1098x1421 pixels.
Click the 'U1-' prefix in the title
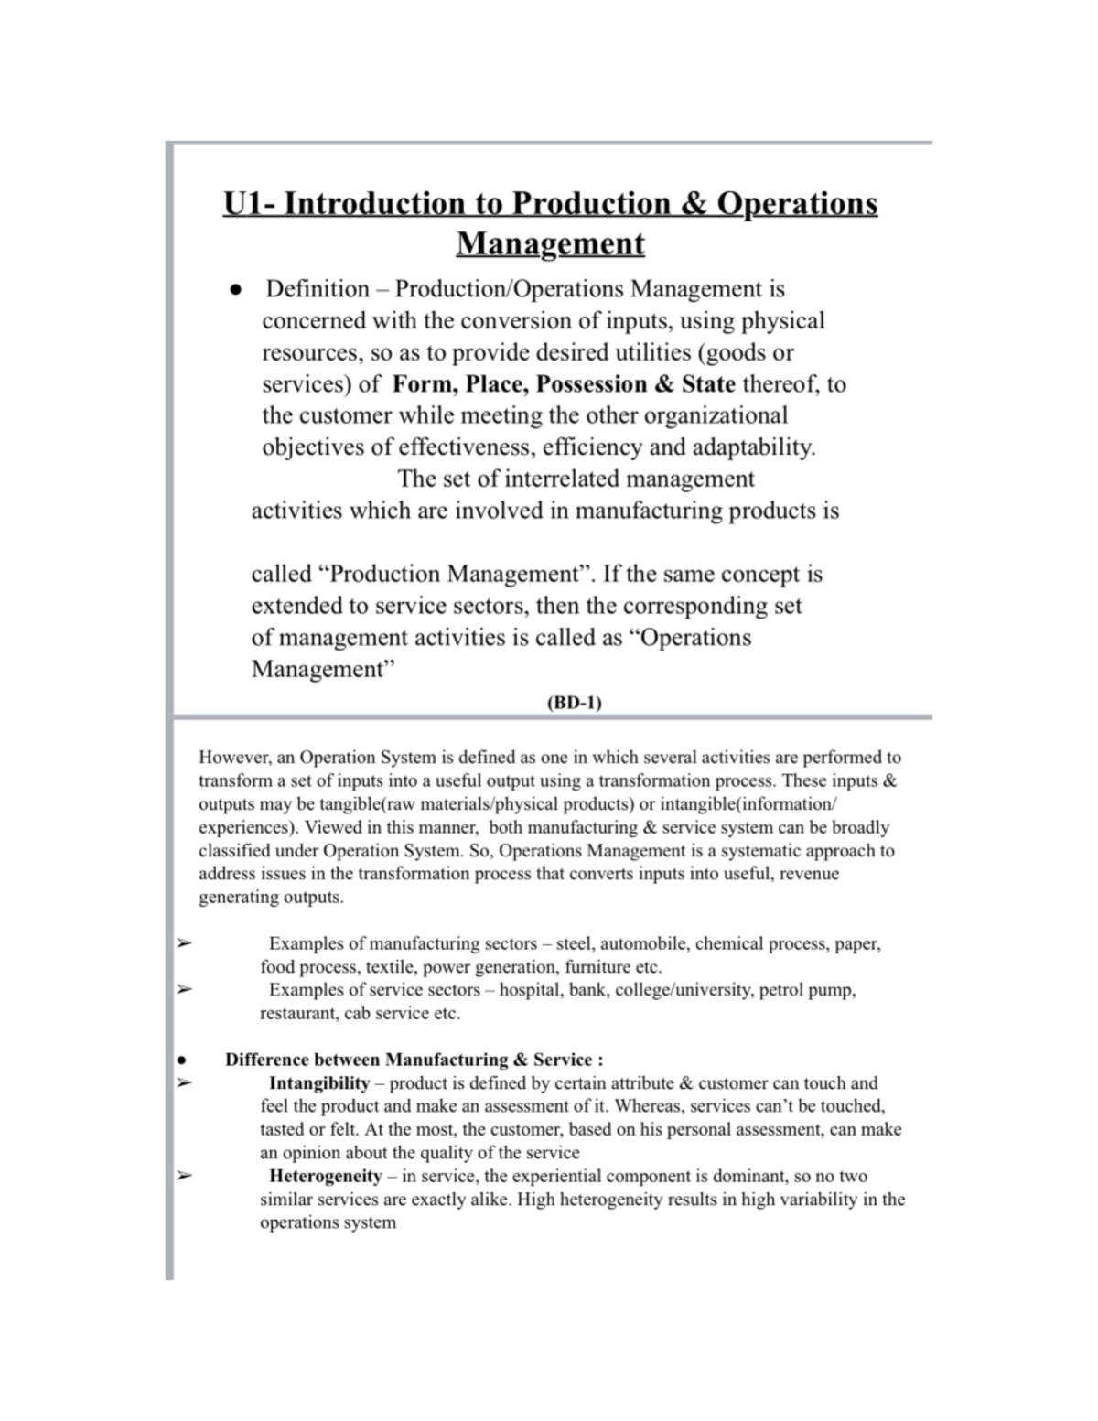click(x=249, y=203)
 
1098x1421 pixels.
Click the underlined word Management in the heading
click(x=550, y=244)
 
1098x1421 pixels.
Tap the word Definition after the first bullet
click(x=318, y=289)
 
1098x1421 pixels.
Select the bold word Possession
click(x=591, y=383)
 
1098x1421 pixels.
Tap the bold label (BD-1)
click(x=574, y=703)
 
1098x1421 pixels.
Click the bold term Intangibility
click(x=319, y=1083)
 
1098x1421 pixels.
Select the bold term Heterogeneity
click(x=325, y=1176)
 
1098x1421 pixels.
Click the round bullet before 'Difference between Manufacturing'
click(x=182, y=1060)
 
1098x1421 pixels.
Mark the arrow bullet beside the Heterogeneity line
click(x=183, y=1176)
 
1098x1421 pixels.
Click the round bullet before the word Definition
click(x=236, y=290)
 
